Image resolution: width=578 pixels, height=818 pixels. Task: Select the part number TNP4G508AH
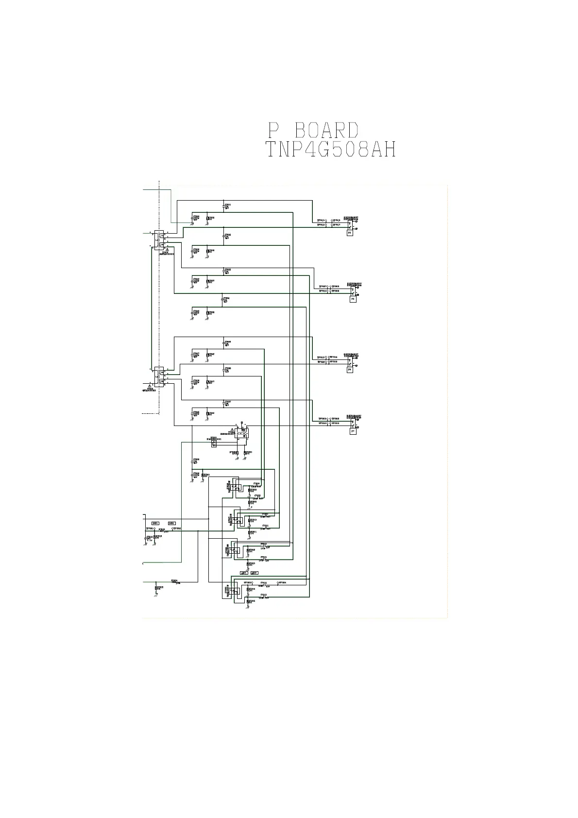331,150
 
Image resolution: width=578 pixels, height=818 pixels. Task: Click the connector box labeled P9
350,233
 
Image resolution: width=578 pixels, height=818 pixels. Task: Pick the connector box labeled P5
353,299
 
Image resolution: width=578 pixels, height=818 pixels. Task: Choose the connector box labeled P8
350,370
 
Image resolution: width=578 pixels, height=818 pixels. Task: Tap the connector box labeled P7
353,431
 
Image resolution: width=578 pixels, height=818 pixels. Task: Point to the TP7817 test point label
336,225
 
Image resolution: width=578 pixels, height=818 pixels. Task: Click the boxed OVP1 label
155,523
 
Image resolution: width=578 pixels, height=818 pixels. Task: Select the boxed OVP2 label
171,523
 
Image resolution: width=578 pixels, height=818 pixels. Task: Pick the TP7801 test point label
150,528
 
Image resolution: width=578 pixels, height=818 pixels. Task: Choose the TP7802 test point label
177,528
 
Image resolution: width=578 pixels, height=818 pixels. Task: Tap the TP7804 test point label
282,582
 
